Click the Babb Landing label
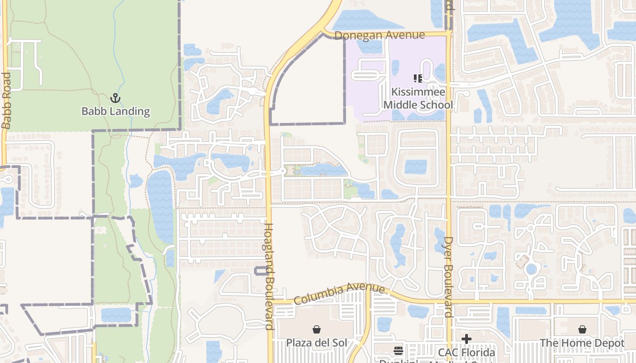(x=115, y=111)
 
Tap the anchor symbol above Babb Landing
(x=115, y=98)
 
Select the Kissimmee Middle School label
(x=418, y=98)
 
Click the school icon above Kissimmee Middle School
(x=418, y=78)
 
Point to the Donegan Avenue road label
(x=379, y=35)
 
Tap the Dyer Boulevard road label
(x=448, y=277)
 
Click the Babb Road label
(x=6, y=101)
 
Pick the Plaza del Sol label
(x=317, y=343)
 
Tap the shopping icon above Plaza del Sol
(x=317, y=329)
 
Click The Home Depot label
(x=582, y=343)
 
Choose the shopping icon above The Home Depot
(x=582, y=329)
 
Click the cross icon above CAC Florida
(x=467, y=338)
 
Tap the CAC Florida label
(x=467, y=353)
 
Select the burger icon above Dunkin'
(x=398, y=350)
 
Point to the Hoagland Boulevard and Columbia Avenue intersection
(x=270, y=301)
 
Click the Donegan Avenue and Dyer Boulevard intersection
(x=449, y=34)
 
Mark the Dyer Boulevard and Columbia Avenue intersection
(x=449, y=301)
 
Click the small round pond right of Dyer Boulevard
(x=531, y=269)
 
